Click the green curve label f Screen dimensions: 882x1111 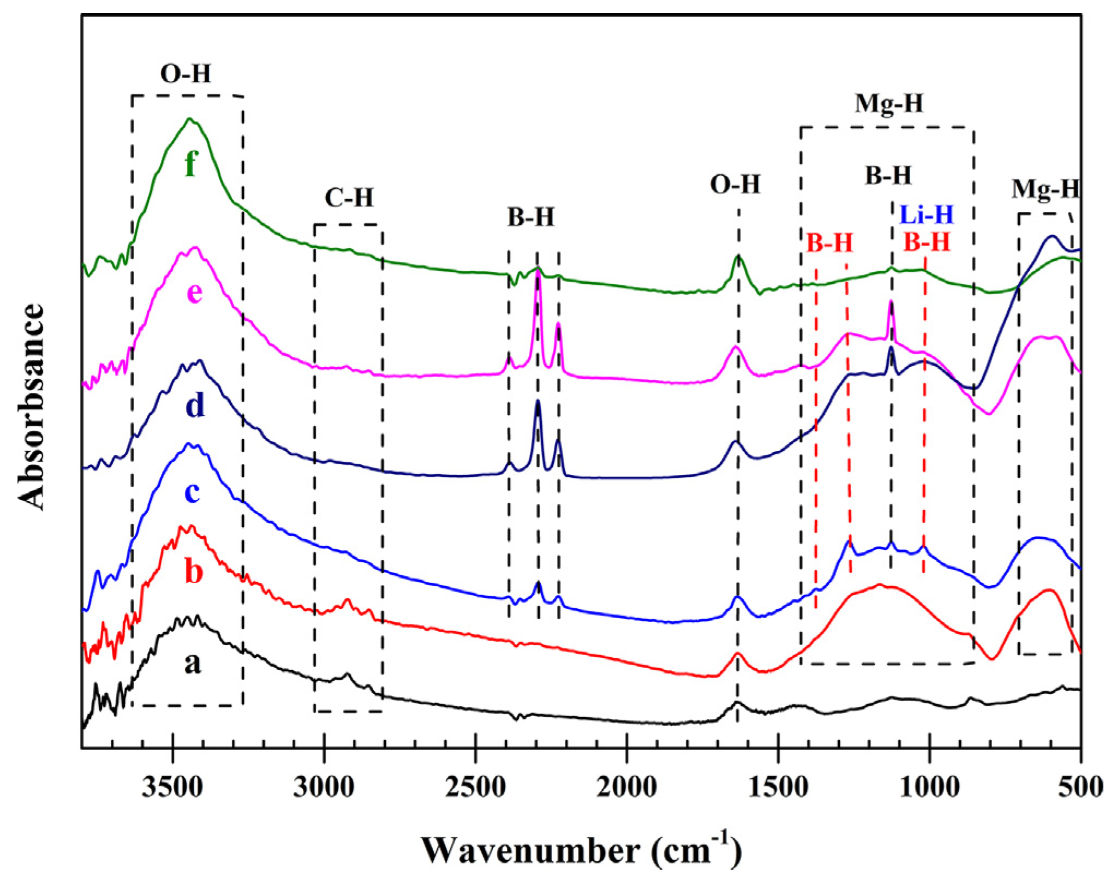point(190,163)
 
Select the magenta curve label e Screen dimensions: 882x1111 point(195,293)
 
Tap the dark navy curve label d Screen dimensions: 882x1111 point(195,405)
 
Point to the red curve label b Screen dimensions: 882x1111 point(194,571)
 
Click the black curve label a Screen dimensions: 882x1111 point(193,663)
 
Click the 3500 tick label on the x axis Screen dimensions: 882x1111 point(172,788)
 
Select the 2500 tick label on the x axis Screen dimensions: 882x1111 point(476,788)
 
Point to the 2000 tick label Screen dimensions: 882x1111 point(627,788)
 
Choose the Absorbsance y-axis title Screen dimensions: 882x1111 point(32,407)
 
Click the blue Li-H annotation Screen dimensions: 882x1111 point(926,214)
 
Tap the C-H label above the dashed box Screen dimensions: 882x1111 point(349,198)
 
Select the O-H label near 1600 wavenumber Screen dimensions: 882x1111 point(735,184)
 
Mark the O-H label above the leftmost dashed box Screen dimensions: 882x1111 point(186,73)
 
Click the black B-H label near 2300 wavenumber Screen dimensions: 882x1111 point(530,217)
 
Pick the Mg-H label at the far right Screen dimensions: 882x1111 point(1046,189)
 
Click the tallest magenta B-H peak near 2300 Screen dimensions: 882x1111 point(538,273)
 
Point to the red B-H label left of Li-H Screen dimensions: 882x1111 point(829,242)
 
